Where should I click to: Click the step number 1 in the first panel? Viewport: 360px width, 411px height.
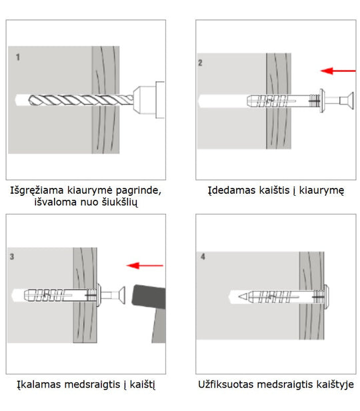(x=18, y=57)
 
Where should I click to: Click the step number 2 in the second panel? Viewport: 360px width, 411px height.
(x=200, y=63)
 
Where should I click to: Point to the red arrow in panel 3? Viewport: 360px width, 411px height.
(x=145, y=266)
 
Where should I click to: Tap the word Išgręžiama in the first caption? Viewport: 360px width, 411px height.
(x=37, y=190)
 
